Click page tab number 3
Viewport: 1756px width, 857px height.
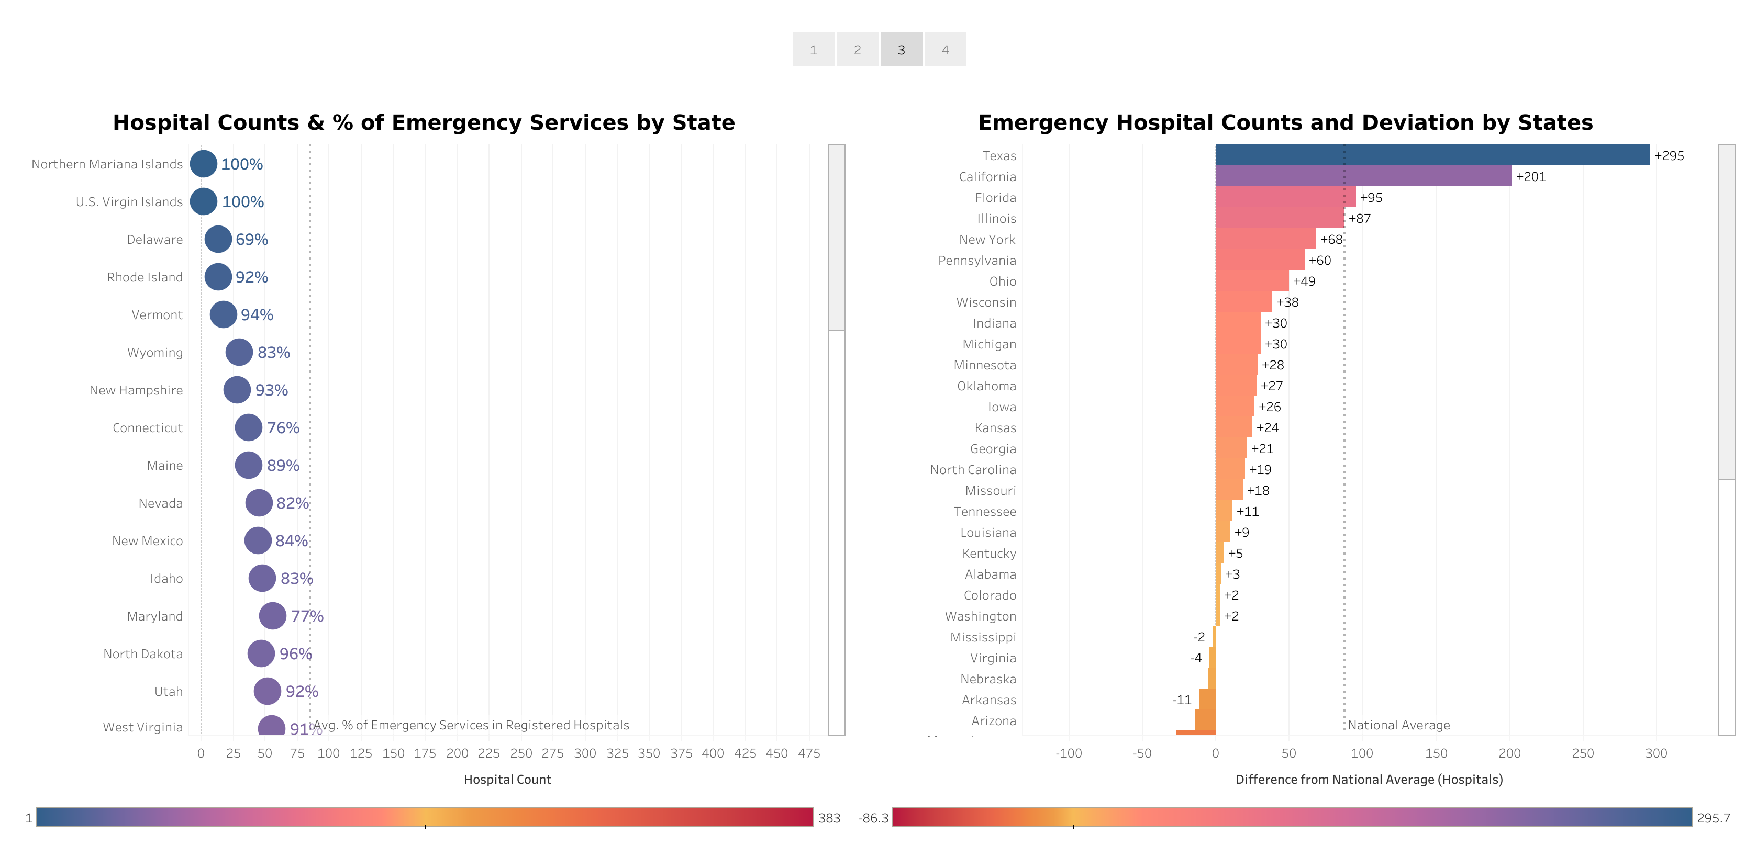pos(901,50)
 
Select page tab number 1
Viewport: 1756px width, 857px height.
pos(813,50)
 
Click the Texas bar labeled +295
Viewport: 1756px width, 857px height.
pos(1431,155)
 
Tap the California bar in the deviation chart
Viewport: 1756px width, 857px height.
pos(1363,176)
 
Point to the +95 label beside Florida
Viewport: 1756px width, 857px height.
pos(1371,198)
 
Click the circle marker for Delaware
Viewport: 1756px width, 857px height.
pos(218,239)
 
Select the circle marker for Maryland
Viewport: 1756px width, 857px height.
pos(272,616)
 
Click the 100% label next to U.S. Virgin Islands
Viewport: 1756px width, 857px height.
pos(243,201)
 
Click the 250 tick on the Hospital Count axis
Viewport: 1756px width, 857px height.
pos(521,753)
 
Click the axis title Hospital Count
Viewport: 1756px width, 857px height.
pos(507,780)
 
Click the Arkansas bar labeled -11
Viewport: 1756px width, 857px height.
pos(1207,700)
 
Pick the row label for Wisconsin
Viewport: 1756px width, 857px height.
pos(986,302)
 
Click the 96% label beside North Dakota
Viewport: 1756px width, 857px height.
pos(295,654)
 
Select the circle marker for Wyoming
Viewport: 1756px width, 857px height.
pos(239,352)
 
